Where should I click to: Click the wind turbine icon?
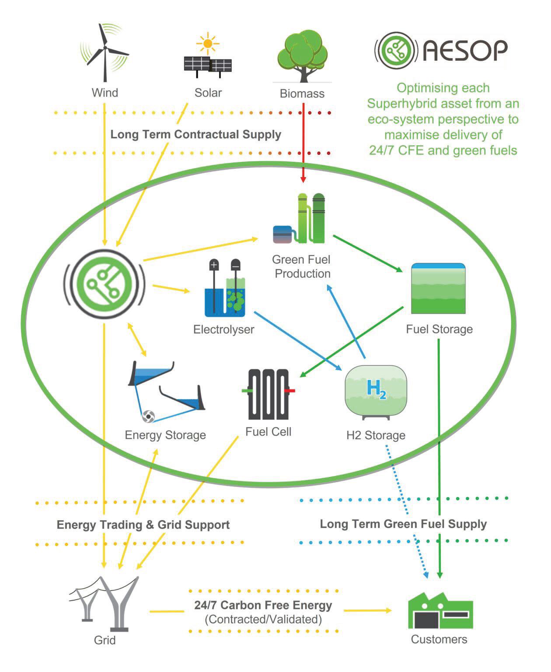105,52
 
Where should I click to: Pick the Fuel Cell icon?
269,394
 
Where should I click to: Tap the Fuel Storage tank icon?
438,288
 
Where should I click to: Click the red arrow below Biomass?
303,144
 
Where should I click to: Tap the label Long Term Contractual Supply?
195,134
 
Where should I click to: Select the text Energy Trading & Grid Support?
143,525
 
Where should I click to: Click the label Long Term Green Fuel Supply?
403,524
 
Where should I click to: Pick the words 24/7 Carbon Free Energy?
263,605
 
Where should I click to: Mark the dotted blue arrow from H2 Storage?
407,512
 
